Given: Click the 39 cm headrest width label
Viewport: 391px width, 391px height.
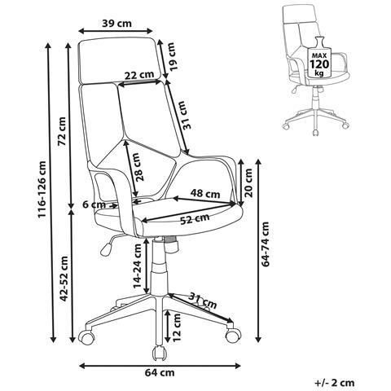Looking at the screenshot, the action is (116, 24).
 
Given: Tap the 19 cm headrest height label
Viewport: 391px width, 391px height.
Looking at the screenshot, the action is (173, 57).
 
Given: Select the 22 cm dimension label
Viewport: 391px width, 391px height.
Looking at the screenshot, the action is (139, 74).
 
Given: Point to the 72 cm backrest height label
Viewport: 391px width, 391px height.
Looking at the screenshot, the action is (62, 131).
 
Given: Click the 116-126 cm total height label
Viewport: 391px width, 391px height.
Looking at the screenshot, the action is (42, 190).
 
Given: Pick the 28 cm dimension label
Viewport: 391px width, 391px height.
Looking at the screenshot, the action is (141, 167).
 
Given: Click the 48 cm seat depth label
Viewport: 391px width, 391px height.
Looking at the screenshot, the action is (205, 194).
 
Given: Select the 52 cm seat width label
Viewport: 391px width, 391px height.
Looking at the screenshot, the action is (195, 218).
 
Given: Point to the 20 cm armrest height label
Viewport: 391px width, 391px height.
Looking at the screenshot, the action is (248, 182).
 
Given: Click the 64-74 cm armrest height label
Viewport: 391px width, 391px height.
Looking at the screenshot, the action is (265, 244).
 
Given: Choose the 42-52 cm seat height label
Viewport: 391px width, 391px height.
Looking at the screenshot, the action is (64, 279).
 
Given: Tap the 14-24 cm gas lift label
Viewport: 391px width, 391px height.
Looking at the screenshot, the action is (138, 266).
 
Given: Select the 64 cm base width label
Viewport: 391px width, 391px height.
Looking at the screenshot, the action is (160, 373).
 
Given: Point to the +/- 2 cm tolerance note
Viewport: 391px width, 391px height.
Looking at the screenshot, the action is (335, 383).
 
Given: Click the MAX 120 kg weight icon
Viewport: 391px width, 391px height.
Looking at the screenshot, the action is (319, 57).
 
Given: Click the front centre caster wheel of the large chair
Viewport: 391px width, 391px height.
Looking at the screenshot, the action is (159, 353).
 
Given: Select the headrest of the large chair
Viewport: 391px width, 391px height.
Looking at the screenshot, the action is (118, 60).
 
